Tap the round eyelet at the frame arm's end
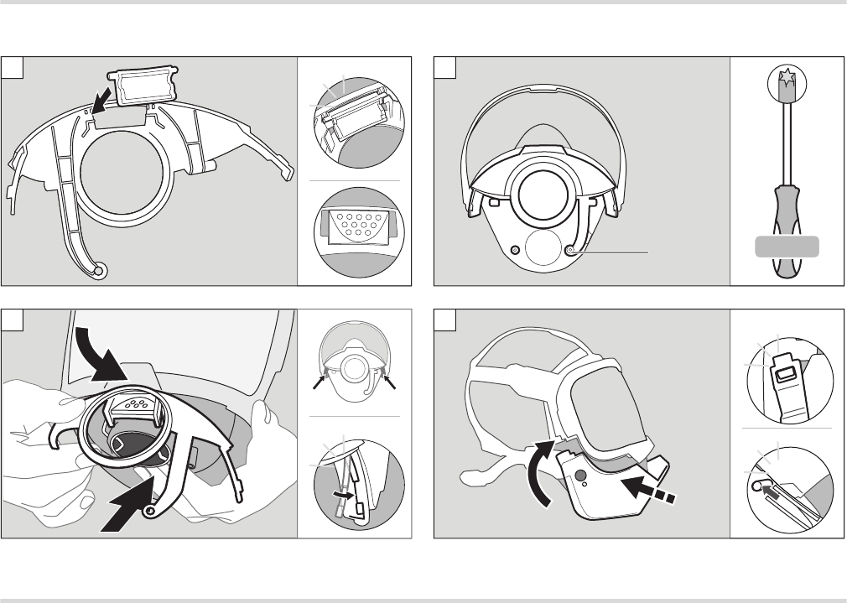point(101,271)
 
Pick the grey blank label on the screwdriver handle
point(786,247)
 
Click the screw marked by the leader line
point(571,251)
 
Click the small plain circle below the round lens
point(543,250)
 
